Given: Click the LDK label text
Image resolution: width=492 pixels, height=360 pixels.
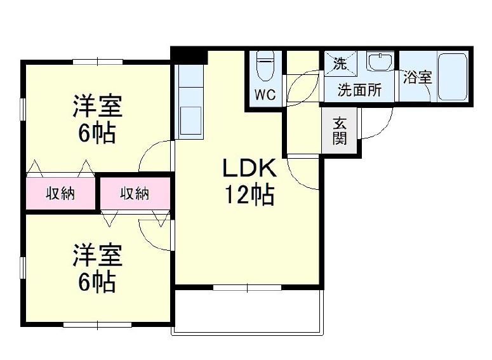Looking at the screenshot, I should click(x=248, y=169).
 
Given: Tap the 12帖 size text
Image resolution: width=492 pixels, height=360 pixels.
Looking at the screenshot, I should click(x=248, y=195).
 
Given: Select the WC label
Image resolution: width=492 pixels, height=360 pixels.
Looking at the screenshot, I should click(x=265, y=96).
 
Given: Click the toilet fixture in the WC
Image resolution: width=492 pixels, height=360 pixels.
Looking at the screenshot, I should click(x=264, y=66).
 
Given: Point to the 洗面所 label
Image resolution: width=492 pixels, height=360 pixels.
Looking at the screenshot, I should click(x=359, y=90).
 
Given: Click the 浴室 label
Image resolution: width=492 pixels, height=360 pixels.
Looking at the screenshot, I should click(x=418, y=78).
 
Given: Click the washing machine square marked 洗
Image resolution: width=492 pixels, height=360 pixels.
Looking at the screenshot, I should click(x=341, y=63).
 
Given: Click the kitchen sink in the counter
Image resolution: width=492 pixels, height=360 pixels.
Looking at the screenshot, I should click(x=190, y=120).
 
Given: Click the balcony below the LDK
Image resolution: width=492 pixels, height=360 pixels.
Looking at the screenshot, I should click(x=248, y=311).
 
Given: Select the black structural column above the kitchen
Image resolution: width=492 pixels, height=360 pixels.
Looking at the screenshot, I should click(x=189, y=56).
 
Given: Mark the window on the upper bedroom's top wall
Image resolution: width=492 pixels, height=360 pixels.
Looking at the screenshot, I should click(x=97, y=61).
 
